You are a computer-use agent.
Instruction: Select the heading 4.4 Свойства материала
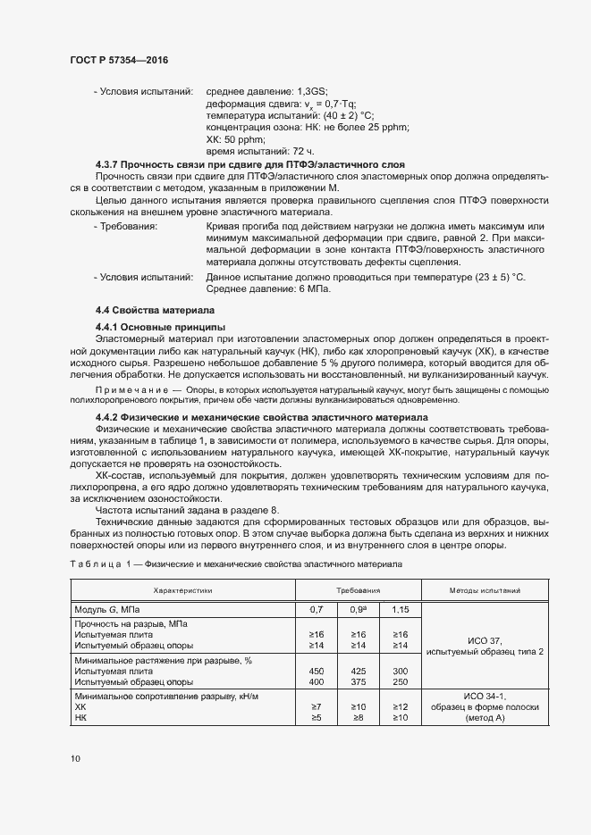click(x=154, y=310)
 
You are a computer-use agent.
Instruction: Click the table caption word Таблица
click(x=93, y=565)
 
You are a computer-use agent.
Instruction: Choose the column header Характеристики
click(x=183, y=590)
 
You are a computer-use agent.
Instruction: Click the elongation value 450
click(x=316, y=671)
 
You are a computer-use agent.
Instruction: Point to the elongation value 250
click(x=400, y=681)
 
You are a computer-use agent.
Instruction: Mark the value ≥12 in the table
click(x=400, y=706)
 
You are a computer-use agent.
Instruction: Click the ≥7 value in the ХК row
click(x=316, y=706)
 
